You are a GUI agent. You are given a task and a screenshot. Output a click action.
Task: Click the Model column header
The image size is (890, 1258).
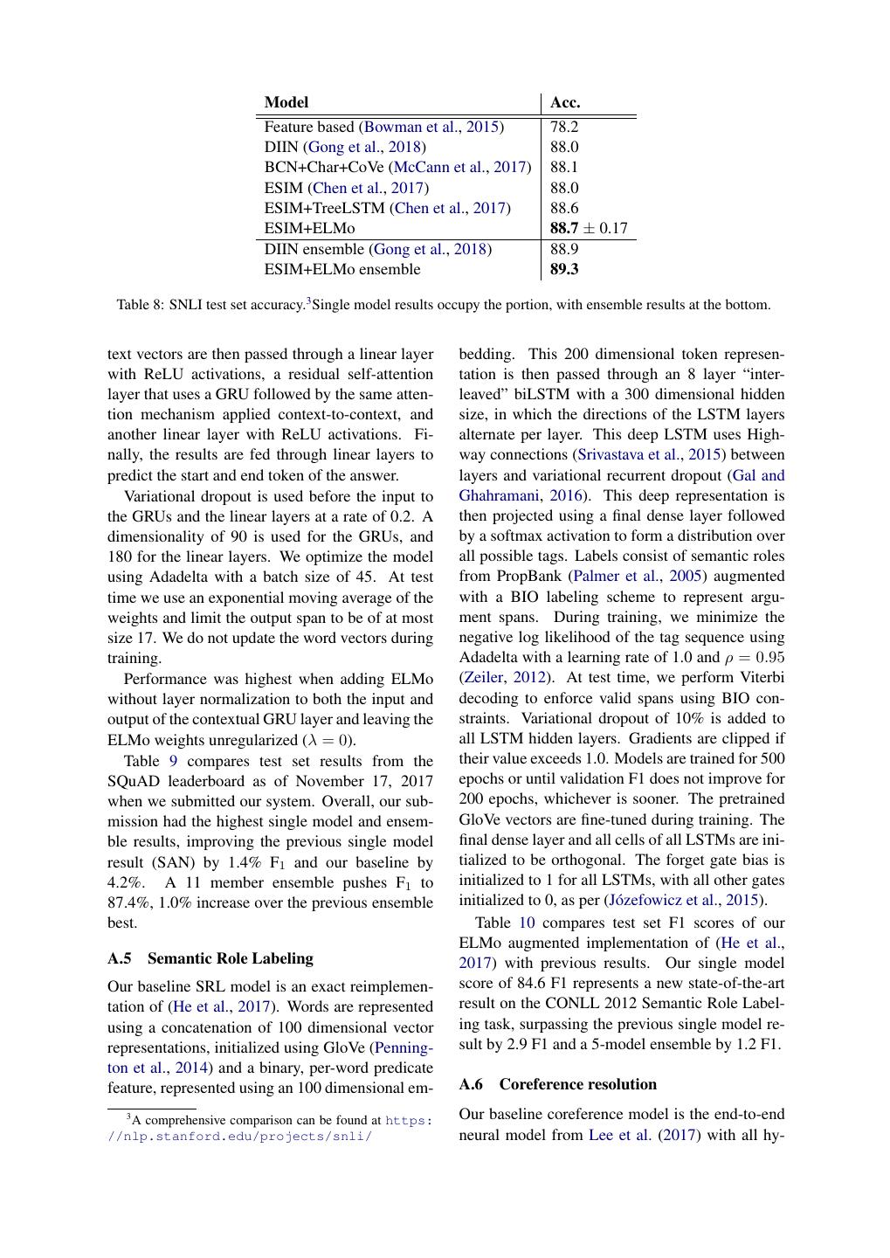(x=286, y=103)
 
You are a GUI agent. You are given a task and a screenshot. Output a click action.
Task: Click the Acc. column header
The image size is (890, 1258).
(x=565, y=103)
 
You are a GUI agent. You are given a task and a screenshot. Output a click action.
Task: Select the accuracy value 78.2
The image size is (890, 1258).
(x=564, y=127)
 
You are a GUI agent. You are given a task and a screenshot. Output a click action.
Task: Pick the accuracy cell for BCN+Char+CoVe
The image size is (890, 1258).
(x=564, y=167)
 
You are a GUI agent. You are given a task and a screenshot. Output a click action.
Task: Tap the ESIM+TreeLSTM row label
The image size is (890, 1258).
(x=327, y=208)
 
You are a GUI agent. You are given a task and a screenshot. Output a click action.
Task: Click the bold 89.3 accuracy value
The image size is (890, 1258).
(x=564, y=269)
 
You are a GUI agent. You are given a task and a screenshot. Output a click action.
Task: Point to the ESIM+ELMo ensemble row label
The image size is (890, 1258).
(x=342, y=269)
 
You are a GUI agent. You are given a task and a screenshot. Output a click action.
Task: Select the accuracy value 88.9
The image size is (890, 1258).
(x=564, y=249)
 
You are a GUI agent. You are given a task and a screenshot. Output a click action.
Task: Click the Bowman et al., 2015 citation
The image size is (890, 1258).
(x=431, y=127)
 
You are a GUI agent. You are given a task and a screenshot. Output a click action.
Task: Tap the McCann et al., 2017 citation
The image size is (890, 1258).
(x=459, y=167)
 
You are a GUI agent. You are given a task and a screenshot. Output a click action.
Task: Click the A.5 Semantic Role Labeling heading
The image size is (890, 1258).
(x=210, y=958)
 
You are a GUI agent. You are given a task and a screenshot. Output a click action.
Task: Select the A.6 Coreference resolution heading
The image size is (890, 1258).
(x=557, y=1084)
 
